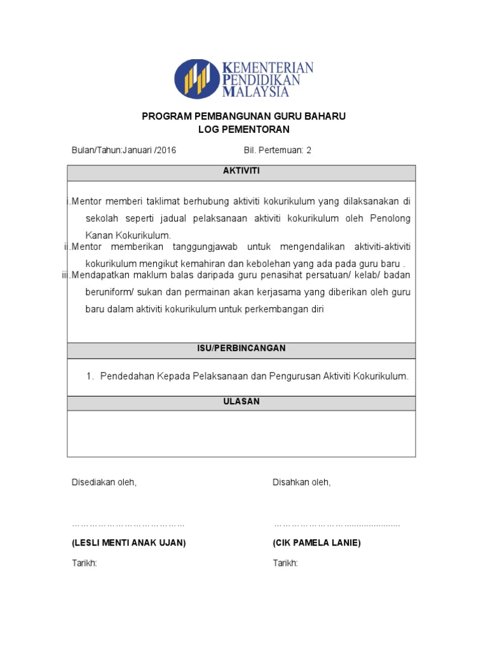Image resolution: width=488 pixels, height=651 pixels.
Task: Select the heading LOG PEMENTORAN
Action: tap(244, 130)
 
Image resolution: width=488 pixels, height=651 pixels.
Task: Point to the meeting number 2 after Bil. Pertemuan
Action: tap(309, 151)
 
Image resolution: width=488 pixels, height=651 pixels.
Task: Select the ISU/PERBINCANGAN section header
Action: tap(241, 349)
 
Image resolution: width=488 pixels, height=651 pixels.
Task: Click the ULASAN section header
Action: tap(241, 402)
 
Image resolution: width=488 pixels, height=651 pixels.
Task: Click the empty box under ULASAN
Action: tap(241, 434)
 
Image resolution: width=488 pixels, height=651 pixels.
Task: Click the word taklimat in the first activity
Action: tap(162, 202)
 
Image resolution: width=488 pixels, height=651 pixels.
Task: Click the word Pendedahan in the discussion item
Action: tap(123, 376)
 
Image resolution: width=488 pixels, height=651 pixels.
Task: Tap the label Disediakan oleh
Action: tap(104, 483)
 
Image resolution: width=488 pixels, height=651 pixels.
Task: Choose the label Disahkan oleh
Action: tap(302, 483)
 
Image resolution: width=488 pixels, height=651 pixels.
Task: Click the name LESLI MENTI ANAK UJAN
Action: tap(128, 543)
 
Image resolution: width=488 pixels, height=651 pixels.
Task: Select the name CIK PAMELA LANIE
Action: tap(316, 543)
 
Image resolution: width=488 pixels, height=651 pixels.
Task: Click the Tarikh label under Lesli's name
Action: tap(84, 564)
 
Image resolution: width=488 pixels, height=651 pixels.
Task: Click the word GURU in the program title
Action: tap(272, 117)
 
